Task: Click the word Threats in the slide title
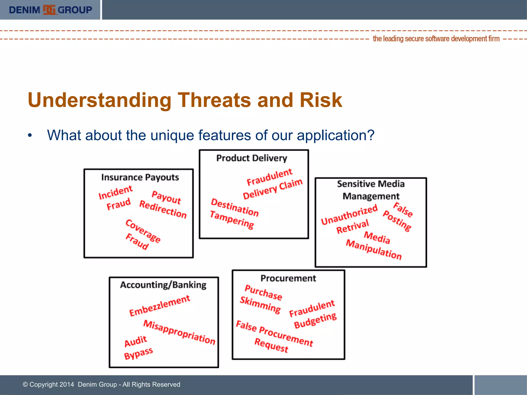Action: pyautogui.click(x=214, y=100)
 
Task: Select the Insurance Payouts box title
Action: pyautogui.click(x=140, y=177)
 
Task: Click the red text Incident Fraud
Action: pyautogui.click(x=116, y=197)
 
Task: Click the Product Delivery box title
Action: pyautogui.click(x=251, y=158)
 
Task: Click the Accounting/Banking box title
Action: pyautogui.click(x=163, y=285)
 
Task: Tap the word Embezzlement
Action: pyautogui.click(x=160, y=306)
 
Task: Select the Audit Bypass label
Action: pyautogui.click(x=137, y=348)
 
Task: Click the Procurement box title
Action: pyautogui.click(x=288, y=278)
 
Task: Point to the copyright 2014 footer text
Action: pyautogui.click(x=101, y=384)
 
